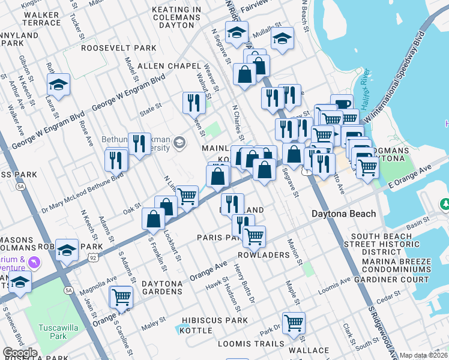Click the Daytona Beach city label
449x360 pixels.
pos(343,214)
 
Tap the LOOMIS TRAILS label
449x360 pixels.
pos(250,344)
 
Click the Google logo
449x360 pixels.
pos(20,353)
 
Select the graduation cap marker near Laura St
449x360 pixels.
pos(58,85)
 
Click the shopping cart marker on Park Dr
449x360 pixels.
pos(294,323)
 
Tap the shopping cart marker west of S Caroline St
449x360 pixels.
pos(121,296)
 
